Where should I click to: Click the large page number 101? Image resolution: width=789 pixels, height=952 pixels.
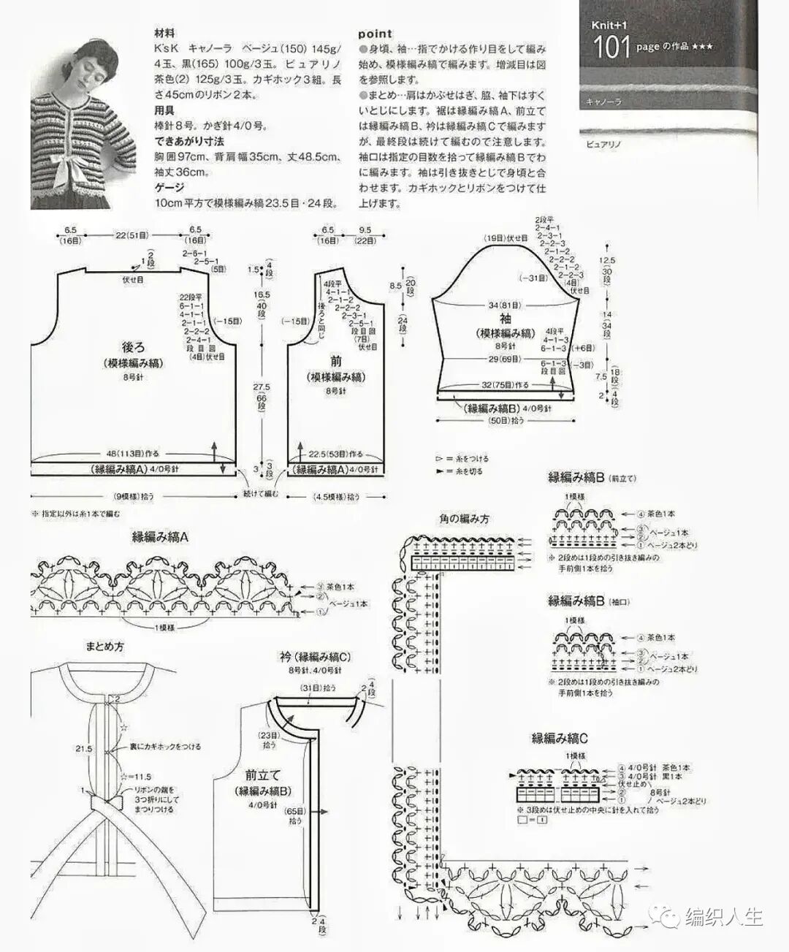pyautogui.click(x=611, y=47)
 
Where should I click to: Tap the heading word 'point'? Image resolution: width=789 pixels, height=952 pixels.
pyautogui.click(x=375, y=34)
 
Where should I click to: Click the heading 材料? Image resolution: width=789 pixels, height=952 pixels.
pyautogui.click(x=164, y=34)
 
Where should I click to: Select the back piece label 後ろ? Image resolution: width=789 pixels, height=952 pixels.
pyautogui.click(x=134, y=347)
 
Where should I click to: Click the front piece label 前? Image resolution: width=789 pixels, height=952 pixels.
pyautogui.click(x=336, y=361)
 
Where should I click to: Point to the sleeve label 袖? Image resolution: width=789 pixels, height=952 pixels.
pyautogui.click(x=506, y=319)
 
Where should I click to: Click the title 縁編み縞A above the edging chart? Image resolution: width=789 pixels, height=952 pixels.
pyautogui.click(x=160, y=537)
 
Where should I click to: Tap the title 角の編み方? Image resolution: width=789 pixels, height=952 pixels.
pyautogui.click(x=464, y=519)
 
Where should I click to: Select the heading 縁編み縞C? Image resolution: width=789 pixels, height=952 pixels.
pyautogui.click(x=560, y=739)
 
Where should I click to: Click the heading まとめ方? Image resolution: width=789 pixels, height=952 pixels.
pyautogui.click(x=104, y=647)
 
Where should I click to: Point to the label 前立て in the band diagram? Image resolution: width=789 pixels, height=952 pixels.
pyautogui.click(x=263, y=775)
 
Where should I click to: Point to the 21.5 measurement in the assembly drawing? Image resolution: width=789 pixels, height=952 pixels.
pyautogui.click(x=83, y=749)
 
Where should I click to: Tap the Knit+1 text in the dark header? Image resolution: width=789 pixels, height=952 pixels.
pyautogui.click(x=609, y=25)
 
